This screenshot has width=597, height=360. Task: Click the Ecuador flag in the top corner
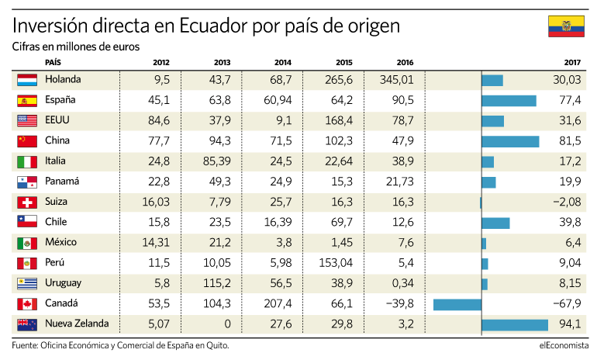pyautogui.click(x=566, y=26)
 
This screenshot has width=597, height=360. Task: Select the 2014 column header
pyautogui.click(x=283, y=63)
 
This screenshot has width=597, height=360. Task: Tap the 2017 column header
pyautogui.click(x=572, y=63)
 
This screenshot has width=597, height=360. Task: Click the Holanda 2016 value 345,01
pyautogui.click(x=396, y=80)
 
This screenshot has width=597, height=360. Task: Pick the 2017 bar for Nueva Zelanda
pyautogui.click(x=515, y=325)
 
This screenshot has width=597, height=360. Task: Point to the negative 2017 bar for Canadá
pyautogui.click(x=457, y=305)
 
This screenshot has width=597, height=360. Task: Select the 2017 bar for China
pyautogui.click(x=510, y=142)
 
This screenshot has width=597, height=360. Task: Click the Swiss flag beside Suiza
pyautogui.click(x=27, y=202)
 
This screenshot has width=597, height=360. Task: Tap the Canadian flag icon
pyautogui.click(x=27, y=304)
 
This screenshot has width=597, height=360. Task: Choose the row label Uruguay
pyautogui.click(x=64, y=283)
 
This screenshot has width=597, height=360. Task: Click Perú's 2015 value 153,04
pyautogui.click(x=336, y=263)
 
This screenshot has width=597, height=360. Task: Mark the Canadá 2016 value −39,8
pyautogui.click(x=399, y=303)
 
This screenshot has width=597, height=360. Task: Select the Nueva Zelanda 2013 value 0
pyautogui.click(x=227, y=324)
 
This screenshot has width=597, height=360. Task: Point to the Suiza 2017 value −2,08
pyautogui.click(x=567, y=202)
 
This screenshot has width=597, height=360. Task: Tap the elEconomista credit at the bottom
pyautogui.click(x=564, y=345)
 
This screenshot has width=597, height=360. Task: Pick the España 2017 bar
pyautogui.click(x=509, y=101)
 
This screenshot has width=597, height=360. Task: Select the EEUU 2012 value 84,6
pyautogui.click(x=159, y=120)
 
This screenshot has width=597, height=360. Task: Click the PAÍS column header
pyautogui.click(x=53, y=63)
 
